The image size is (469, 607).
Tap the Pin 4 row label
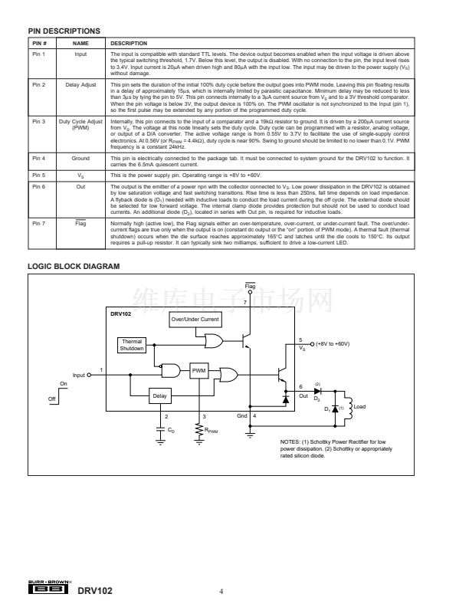pyautogui.click(x=39, y=158)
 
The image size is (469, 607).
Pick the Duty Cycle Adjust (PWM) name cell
pyautogui.click(x=80, y=125)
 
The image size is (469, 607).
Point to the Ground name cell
pyautogui.click(x=80, y=158)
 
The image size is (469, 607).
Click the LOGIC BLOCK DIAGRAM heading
pyautogui.click(x=74, y=245)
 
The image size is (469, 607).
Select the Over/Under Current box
pyautogui.click(x=195, y=319)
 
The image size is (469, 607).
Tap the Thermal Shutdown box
pyautogui.click(x=131, y=345)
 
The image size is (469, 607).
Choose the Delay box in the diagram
pyautogui.click(x=159, y=395)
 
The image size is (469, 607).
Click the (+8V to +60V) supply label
pyautogui.click(x=331, y=344)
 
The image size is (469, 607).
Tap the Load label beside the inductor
pyautogui.click(x=361, y=406)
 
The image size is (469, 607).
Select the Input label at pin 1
pyautogui.click(x=78, y=375)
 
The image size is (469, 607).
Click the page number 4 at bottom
pyautogui.click(x=222, y=590)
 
